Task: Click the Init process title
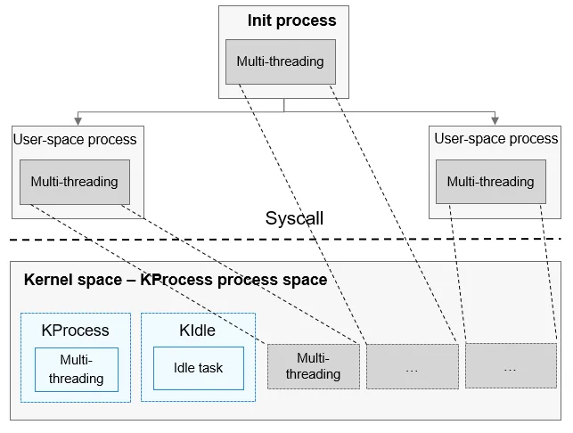coord(291,20)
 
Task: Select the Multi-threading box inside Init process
coord(281,61)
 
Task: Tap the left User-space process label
coord(75,139)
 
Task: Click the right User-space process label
coord(495,138)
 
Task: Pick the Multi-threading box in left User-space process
coord(75,182)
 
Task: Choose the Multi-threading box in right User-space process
coord(491,182)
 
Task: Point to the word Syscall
coord(294,218)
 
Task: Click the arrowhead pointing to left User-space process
coord(78,121)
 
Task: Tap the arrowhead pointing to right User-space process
coord(495,121)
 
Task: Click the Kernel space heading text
coord(176,280)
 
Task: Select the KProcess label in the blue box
coord(75,331)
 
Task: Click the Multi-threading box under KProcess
coord(77,370)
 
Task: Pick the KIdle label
coord(197,331)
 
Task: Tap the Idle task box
coord(199,368)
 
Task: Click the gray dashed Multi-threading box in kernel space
coord(314,366)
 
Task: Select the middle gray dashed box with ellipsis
coord(413,366)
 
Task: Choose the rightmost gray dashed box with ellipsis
coord(511,365)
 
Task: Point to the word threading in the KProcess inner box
coord(77,379)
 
